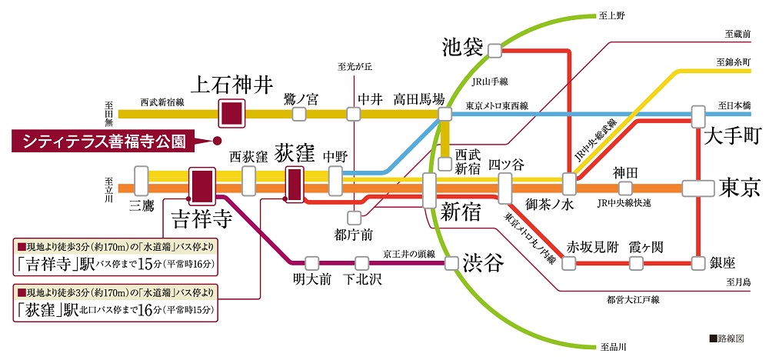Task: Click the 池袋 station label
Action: pos(462,48)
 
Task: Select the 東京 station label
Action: pos(740,188)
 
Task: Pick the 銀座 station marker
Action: pos(698,263)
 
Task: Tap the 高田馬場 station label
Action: pos(419,98)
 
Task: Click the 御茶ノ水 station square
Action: pos(570,185)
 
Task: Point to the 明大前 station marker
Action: pos(311,263)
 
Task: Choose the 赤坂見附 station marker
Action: pos(570,263)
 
